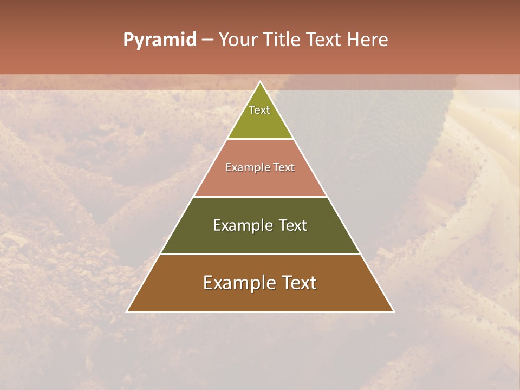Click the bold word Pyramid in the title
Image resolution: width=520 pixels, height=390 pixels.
coord(160,40)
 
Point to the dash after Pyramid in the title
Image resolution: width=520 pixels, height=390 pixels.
coord(207,40)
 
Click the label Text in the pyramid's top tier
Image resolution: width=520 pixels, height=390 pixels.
coord(259,110)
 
